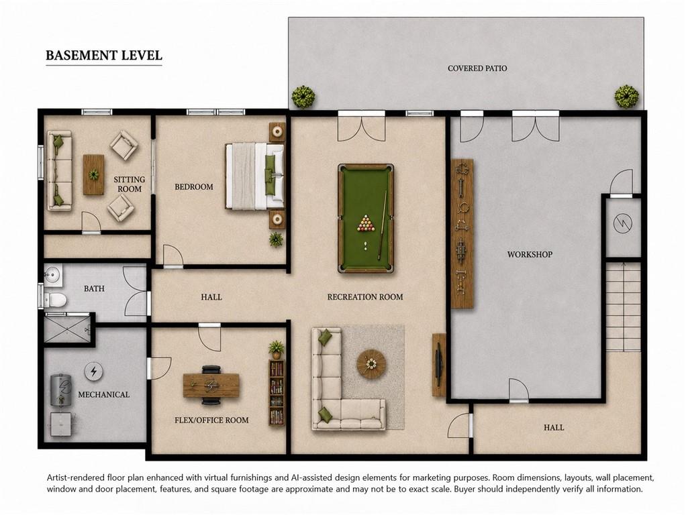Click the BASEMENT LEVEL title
pyautogui.click(x=104, y=56)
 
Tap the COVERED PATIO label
pyautogui.click(x=477, y=68)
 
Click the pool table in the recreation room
pyautogui.click(x=366, y=218)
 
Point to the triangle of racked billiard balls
pyautogui.click(x=365, y=223)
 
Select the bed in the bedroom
pyautogui.click(x=254, y=176)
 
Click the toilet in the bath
pyautogui.click(x=56, y=300)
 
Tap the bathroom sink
pyautogui.click(x=53, y=274)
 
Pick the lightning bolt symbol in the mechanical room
pyautogui.click(x=93, y=371)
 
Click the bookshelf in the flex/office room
pyautogui.click(x=277, y=392)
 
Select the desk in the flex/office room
pyautogui.click(x=211, y=385)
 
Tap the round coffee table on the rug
pyautogui.click(x=371, y=363)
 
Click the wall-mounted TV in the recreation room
pyautogui.click(x=439, y=365)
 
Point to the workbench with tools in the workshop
pyautogui.click(x=462, y=233)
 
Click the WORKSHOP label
pyautogui.click(x=530, y=254)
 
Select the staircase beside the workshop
pyautogui.click(x=623, y=306)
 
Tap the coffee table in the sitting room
pyautogui.click(x=93, y=174)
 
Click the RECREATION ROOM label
pyautogui.click(x=365, y=297)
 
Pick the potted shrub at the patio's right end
pyautogui.click(x=626, y=96)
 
